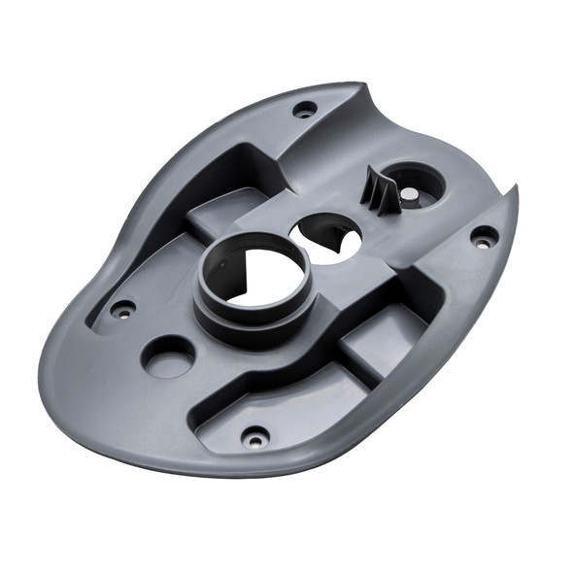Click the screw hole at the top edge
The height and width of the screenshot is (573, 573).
pos(304,109)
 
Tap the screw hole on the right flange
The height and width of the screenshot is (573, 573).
pos(482,236)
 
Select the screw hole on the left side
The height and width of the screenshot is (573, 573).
pos(122,311)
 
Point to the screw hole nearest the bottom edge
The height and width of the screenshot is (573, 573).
pos(254,438)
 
